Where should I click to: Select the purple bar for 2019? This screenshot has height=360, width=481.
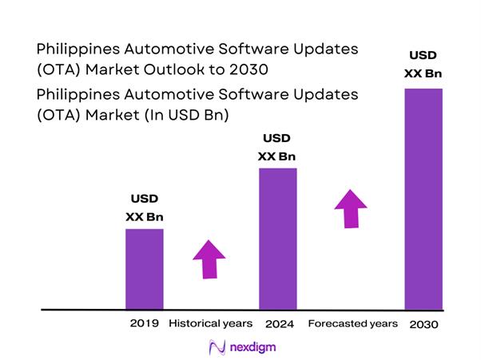pos(145,268)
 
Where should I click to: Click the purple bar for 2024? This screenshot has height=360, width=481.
pos(278,238)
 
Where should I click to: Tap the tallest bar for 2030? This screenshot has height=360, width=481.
pos(424,198)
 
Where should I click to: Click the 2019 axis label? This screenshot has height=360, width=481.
pos(144,324)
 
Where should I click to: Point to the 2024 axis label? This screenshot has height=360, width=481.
pos(278,325)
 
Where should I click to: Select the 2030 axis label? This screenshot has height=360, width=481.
pos(423,325)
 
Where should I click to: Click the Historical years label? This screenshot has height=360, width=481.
pos(210,324)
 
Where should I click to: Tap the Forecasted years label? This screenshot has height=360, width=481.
pos(352,324)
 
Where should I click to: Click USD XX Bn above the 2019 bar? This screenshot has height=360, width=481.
pos(145,208)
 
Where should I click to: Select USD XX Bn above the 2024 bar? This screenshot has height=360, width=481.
pos(277,147)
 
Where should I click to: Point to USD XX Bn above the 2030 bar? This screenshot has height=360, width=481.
pos(423,65)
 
